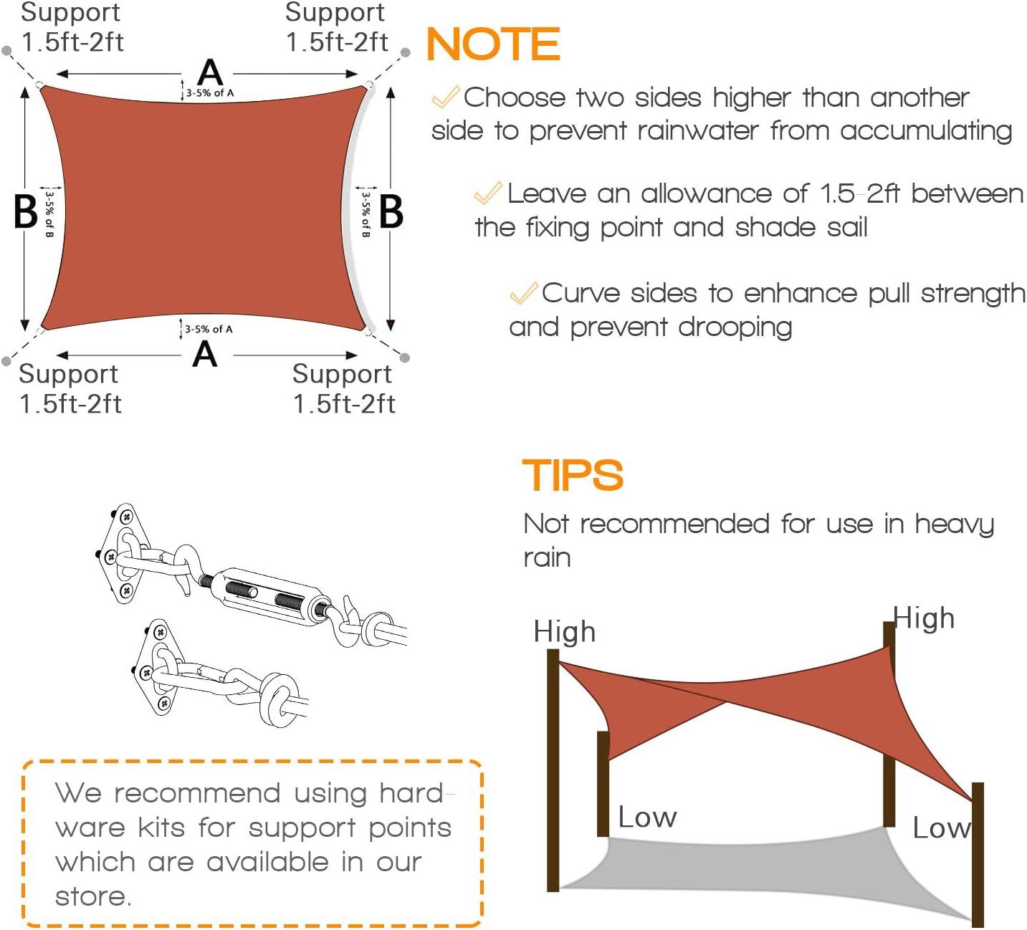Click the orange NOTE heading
tap(493, 44)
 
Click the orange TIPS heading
tap(573, 476)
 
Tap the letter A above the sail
tap(210, 73)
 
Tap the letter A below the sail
tap(205, 355)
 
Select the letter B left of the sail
tap(26, 212)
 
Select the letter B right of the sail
tap(391, 212)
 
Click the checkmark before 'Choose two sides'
tap(445, 97)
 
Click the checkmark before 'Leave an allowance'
tap(488, 193)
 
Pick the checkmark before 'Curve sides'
tap(524, 292)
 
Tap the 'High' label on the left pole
tap(565, 632)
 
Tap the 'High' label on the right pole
tap(925, 618)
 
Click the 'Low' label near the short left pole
tap(647, 818)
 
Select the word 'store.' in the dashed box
tap(93, 896)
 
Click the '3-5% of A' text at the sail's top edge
tap(210, 93)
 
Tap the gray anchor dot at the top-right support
tap(405, 52)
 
